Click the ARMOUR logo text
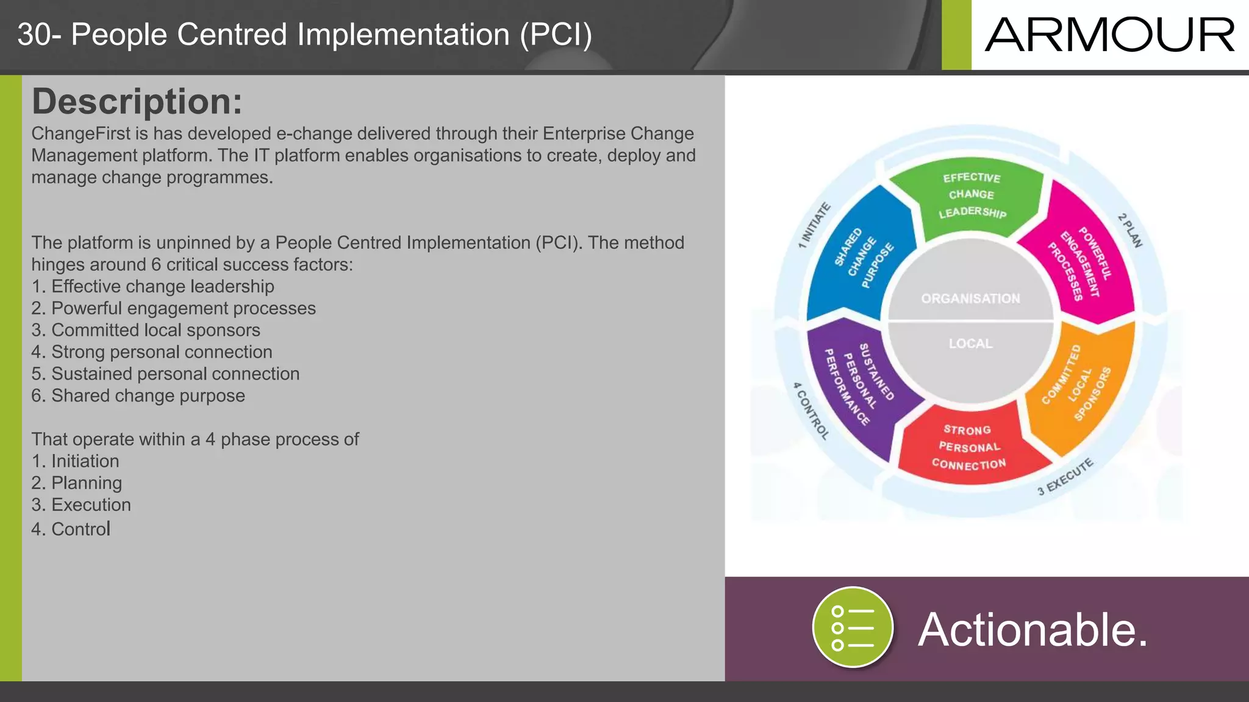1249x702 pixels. click(x=1109, y=35)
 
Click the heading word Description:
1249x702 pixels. click(x=137, y=101)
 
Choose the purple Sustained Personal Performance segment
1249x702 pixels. click(x=857, y=384)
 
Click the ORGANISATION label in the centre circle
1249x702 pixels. click(x=970, y=299)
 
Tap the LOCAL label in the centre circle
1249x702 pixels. click(x=970, y=344)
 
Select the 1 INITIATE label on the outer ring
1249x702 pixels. click(x=814, y=225)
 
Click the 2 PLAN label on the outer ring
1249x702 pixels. click(x=1130, y=230)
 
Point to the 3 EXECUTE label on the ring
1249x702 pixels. click(x=1065, y=477)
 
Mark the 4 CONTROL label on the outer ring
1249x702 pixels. click(x=811, y=411)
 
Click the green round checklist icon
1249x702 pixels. click(x=853, y=627)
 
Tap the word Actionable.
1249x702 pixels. click(x=1032, y=629)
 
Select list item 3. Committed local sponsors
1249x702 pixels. click(x=146, y=330)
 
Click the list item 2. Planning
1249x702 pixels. click(x=77, y=483)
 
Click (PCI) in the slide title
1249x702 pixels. click(x=556, y=35)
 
